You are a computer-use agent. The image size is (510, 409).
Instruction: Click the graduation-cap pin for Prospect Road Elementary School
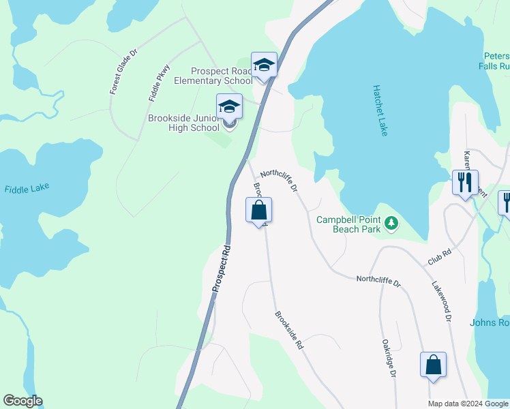264,65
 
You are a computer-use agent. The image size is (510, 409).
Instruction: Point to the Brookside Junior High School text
184,123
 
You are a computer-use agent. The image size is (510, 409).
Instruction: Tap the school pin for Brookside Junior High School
229,107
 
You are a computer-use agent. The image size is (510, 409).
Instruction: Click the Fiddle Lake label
27,189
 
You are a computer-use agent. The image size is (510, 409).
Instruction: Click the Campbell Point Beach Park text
349,224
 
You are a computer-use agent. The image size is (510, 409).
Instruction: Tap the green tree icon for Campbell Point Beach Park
391,222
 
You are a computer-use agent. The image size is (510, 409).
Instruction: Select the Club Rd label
440,256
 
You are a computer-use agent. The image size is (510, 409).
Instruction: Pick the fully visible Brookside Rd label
288,331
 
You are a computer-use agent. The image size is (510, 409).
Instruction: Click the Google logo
22,401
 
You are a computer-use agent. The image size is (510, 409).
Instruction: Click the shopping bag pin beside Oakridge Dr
433,365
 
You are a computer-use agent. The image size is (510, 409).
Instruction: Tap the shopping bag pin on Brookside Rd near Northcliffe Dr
258,211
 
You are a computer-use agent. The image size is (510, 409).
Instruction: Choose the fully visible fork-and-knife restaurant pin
465,183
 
